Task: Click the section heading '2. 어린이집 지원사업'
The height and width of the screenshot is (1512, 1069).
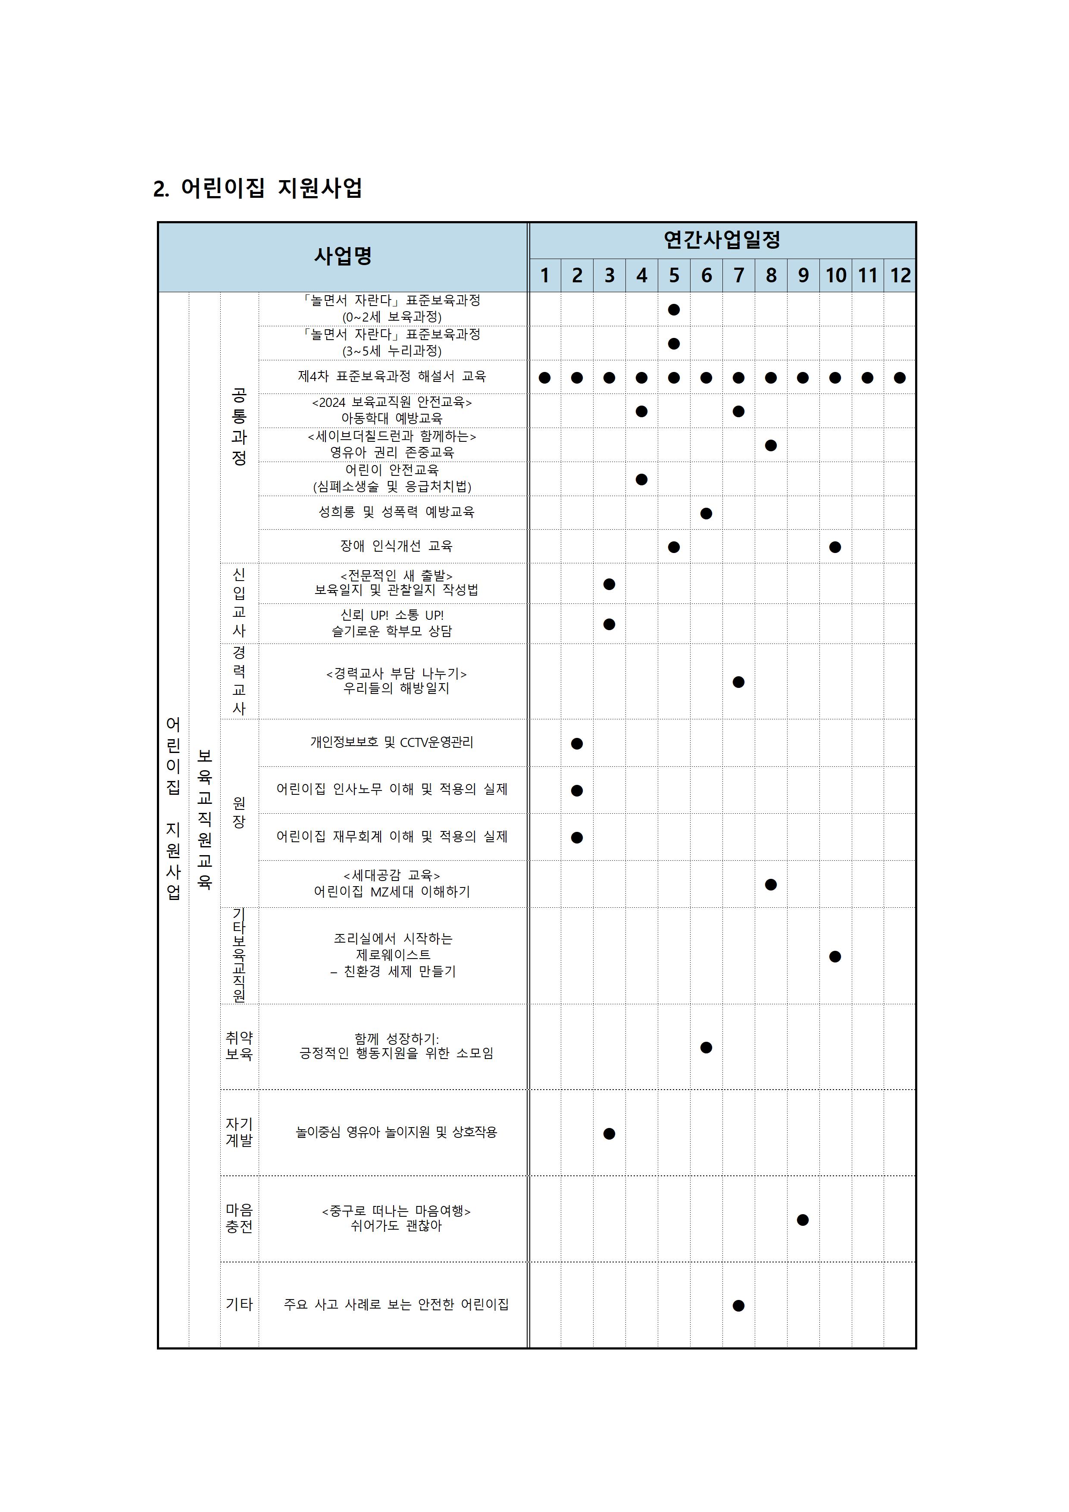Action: coord(257,188)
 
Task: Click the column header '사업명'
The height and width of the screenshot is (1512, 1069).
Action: coord(343,256)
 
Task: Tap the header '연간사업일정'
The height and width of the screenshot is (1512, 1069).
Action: coord(722,240)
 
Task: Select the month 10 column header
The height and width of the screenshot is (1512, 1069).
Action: coord(835,275)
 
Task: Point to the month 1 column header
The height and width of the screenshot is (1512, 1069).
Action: coord(545,275)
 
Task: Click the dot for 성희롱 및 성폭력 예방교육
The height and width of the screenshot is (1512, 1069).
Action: coord(706,513)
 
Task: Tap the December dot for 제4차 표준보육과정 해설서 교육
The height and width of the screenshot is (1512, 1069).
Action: coord(900,378)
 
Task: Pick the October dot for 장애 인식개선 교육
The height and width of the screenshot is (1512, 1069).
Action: coord(835,547)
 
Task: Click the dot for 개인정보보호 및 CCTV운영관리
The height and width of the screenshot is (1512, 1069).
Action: coord(577,744)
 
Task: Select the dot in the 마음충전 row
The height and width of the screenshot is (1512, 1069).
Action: coord(803,1220)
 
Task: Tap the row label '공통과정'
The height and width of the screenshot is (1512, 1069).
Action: coord(239,427)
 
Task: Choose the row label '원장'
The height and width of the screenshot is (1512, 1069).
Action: coord(239,812)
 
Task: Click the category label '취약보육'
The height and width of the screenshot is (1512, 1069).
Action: coord(239,1046)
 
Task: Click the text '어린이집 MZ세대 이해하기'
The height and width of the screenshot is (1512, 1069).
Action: coord(392,892)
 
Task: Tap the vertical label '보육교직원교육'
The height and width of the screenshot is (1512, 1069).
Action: coord(205,819)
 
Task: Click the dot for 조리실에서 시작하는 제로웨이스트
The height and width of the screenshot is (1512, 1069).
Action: coord(835,956)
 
